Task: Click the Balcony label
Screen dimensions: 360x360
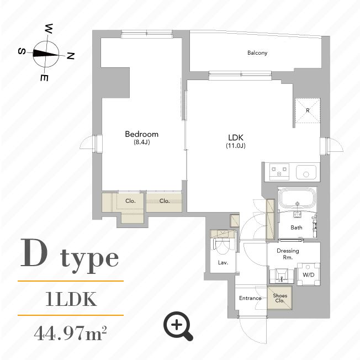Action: pyautogui.click(x=257, y=53)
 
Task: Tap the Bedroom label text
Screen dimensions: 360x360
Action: pyautogui.click(x=141, y=134)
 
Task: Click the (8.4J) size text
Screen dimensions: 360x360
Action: pyautogui.click(x=141, y=142)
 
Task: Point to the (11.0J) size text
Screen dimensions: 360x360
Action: pyautogui.click(x=235, y=146)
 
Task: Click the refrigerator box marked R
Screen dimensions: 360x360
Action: pyautogui.click(x=307, y=110)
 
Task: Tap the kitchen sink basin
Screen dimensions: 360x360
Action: pyautogui.click(x=305, y=172)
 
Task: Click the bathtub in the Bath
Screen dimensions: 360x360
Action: pyautogui.click(x=297, y=199)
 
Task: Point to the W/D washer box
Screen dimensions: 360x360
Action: pyautogui.click(x=308, y=274)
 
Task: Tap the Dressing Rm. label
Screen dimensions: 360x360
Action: pyautogui.click(x=288, y=254)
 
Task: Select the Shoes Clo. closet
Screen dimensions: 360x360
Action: pyautogui.click(x=280, y=298)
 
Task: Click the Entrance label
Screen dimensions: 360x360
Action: pyautogui.click(x=250, y=298)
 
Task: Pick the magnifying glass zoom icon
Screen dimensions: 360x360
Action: pyautogui.click(x=178, y=326)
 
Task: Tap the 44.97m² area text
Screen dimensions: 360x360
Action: pyautogui.click(x=70, y=334)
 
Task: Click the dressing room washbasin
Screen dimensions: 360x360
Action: pyautogui.click(x=282, y=274)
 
